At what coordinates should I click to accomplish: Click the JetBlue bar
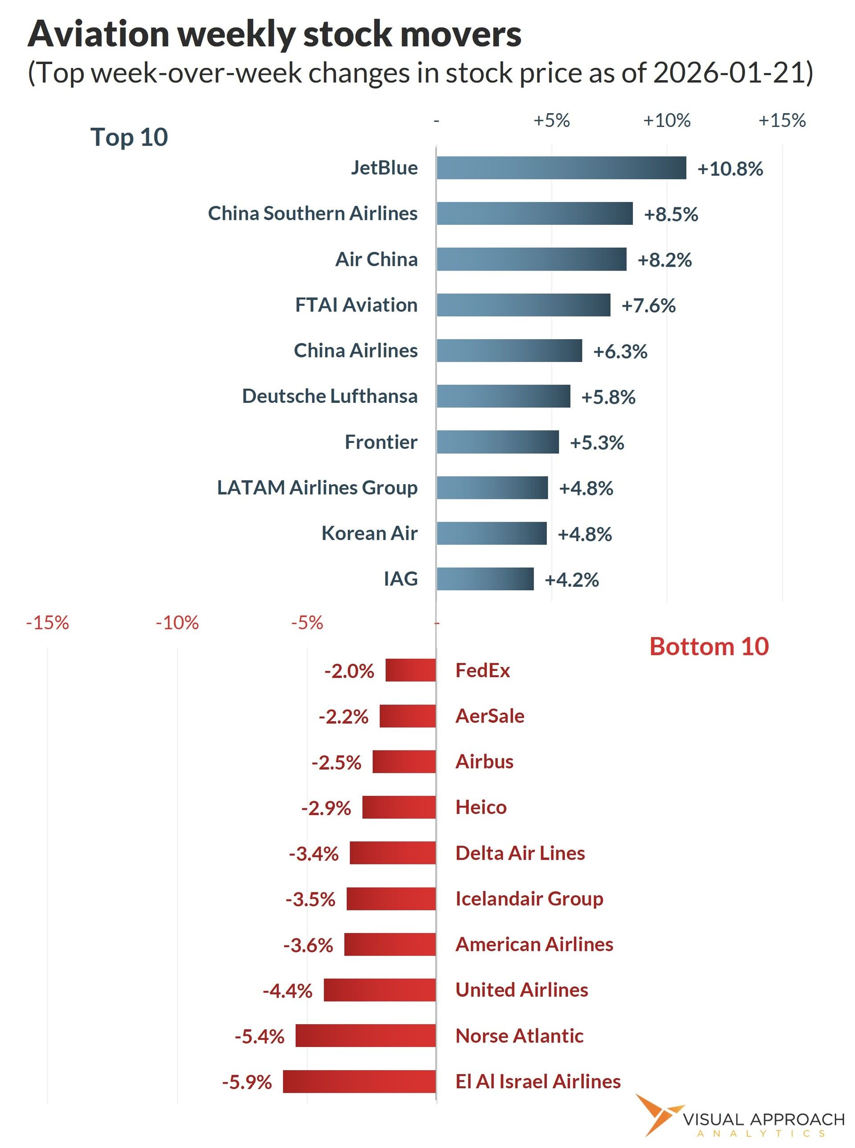coord(561,168)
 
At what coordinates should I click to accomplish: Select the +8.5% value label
coord(671,214)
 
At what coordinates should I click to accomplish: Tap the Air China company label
coord(376,259)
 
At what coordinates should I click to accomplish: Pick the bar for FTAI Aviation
coord(523,305)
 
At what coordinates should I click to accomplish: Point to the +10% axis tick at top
coord(667,121)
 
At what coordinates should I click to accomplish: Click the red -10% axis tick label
coord(177,623)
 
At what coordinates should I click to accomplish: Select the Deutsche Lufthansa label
coord(330,396)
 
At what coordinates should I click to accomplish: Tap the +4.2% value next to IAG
coord(571,580)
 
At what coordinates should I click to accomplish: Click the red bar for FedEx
coord(411,670)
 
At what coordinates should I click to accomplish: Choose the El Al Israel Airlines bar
coord(359,1082)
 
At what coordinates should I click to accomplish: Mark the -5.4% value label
coord(259,1037)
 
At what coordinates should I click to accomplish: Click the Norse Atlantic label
coord(519,1036)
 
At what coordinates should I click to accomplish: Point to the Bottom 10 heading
coord(708,647)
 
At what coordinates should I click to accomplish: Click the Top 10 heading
coord(129,137)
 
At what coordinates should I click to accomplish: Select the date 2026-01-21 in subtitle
coord(728,73)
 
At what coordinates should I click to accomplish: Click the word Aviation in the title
coord(98,34)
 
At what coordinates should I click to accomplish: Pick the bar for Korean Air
coord(491,533)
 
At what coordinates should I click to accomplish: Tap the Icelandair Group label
coord(529,899)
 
